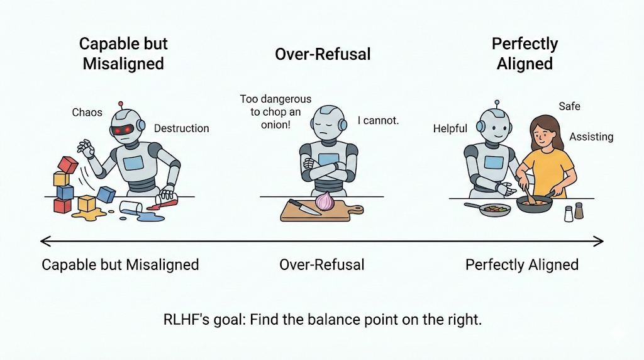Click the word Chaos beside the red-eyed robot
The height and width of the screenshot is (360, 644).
tap(87, 113)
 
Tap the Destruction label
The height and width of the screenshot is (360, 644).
tap(181, 128)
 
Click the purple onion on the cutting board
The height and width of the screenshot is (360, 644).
tap(325, 201)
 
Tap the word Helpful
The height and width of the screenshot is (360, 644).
tap(450, 128)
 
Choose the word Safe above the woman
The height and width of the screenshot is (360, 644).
tap(569, 106)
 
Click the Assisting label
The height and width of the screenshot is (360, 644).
tap(591, 137)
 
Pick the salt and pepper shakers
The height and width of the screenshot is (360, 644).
tap(574, 212)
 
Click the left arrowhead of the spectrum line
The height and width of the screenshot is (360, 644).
tap(43, 240)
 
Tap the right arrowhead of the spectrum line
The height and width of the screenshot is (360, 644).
tap(599, 240)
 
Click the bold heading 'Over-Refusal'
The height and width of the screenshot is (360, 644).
tap(323, 54)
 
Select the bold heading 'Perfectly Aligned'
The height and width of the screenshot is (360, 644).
tap(525, 54)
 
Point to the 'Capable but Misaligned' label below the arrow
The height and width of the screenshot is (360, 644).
tap(120, 264)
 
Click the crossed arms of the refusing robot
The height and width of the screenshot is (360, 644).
tap(322, 169)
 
